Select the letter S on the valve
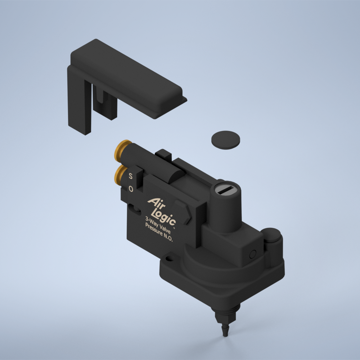tap(130, 176)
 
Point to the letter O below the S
tap(131, 189)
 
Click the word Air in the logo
tap(156, 203)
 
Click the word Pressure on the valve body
tap(154, 230)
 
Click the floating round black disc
tap(225, 140)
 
